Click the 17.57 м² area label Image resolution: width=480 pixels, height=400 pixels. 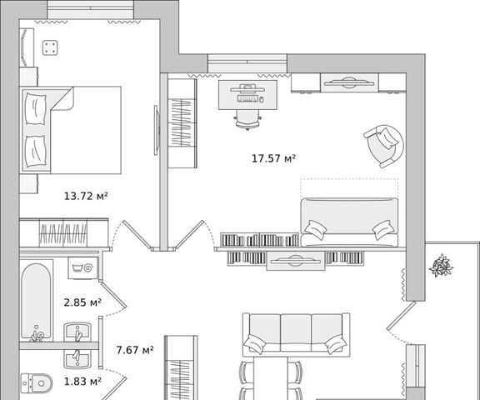point(273,158)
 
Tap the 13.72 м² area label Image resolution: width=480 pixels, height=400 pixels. point(86,196)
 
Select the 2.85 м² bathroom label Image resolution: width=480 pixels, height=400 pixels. point(82,302)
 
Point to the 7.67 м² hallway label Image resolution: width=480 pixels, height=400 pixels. point(135,350)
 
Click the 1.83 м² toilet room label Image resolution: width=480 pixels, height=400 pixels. point(82,382)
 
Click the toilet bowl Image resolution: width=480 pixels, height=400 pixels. point(37,382)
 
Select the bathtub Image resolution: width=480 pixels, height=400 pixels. point(36,302)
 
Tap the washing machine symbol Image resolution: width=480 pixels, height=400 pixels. point(83,267)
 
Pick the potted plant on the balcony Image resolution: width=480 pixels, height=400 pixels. point(441,265)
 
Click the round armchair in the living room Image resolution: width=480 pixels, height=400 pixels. point(384,146)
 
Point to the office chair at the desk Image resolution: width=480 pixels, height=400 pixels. point(247,120)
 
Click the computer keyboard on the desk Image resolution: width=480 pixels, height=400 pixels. point(247,98)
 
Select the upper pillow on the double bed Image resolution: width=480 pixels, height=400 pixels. point(36,109)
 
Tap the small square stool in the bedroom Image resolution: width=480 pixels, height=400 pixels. point(50,47)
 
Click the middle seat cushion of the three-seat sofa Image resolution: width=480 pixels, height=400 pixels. point(296,332)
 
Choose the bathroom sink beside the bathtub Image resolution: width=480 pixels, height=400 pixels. point(77,332)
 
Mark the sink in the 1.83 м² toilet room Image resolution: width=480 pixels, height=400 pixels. point(77,358)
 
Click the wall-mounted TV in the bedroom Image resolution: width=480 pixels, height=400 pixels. point(156,130)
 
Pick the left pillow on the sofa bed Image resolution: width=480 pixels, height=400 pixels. point(315,229)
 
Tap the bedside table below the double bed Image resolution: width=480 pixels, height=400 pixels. point(28,183)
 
